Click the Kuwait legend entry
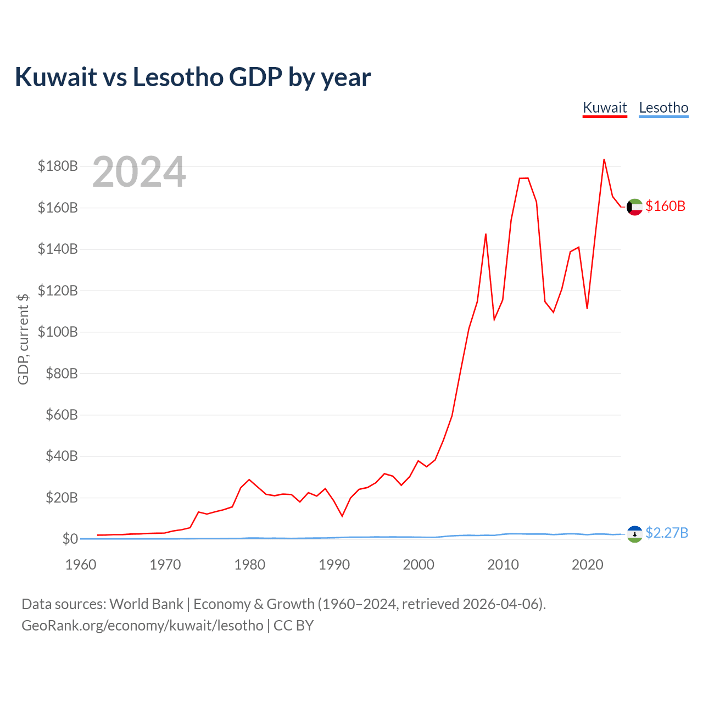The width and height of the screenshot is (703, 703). (x=605, y=108)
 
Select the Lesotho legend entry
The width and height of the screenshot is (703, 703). (x=663, y=108)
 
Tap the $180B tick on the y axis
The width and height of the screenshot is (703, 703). (x=58, y=166)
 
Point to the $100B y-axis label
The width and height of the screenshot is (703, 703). (x=58, y=332)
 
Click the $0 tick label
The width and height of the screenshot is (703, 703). (x=70, y=538)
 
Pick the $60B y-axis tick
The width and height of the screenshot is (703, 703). (x=62, y=415)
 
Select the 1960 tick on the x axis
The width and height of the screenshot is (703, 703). (x=81, y=565)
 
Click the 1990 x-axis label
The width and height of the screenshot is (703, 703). (x=334, y=565)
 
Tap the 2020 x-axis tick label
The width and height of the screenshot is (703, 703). (x=587, y=565)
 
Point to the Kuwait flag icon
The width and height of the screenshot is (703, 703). (x=634, y=207)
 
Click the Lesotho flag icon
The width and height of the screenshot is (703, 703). (x=634, y=534)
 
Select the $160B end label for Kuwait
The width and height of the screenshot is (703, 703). (x=666, y=206)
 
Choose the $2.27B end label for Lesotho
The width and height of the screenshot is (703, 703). (x=667, y=533)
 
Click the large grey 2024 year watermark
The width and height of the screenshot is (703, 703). (x=139, y=171)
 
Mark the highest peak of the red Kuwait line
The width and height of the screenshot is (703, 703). (x=604, y=159)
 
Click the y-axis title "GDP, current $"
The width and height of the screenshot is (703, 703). (x=23, y=339)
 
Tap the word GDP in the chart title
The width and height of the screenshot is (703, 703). (x=255, y=77)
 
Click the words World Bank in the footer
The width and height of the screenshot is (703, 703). (x=146, y=604)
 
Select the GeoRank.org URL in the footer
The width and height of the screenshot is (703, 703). (x=142, y=626)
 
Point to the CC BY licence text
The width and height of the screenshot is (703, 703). (x=294, y=626)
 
